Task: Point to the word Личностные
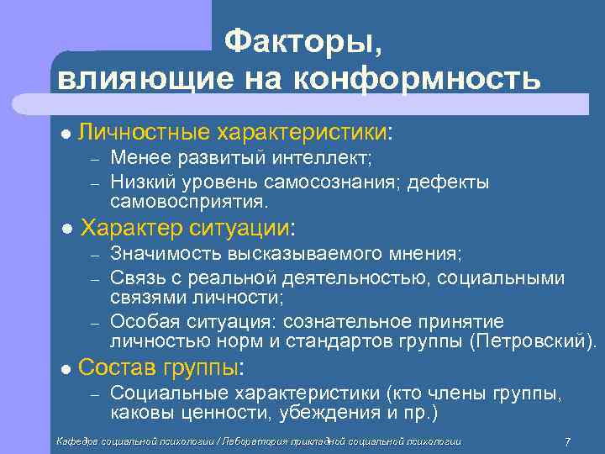143,133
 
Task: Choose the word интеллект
326,157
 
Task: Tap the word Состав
111,367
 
